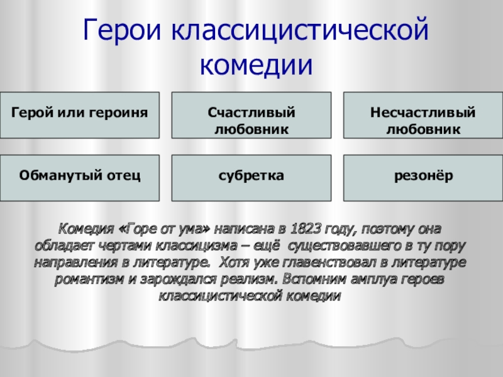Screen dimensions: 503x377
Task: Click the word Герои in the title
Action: (121, 30)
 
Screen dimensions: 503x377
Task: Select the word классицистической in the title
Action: (301, 30)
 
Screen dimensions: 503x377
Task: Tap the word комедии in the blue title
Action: (256, 65)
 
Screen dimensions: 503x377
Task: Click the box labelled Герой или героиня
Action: (80, 116)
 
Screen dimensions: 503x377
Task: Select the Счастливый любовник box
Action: (251, 116)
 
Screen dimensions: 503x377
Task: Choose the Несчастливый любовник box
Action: (423, 116)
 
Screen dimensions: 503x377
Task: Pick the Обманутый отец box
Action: (80, 178)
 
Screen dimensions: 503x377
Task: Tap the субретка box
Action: (251, 178)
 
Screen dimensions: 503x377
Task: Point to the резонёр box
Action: (423, 178)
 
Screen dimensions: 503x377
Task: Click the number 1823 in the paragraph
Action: (306, 229)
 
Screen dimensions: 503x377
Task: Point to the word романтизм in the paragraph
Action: (89, 279)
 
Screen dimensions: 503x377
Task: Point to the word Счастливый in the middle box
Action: (251, 112)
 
